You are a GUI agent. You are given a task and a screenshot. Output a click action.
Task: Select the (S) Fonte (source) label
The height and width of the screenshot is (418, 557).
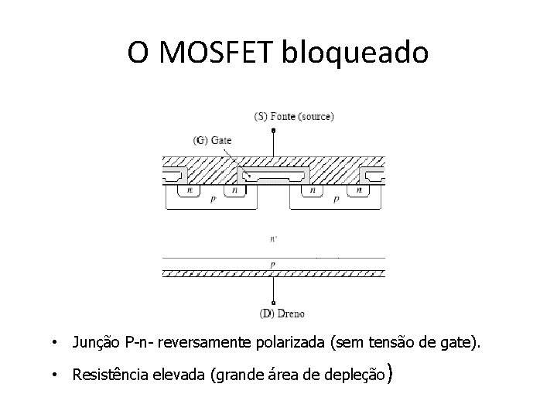tap(294, 117)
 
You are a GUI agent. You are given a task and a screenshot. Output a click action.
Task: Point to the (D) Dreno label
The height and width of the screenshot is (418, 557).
tap(282, 313)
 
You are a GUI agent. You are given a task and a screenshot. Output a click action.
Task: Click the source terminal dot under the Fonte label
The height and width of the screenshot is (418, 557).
tap(272, 131)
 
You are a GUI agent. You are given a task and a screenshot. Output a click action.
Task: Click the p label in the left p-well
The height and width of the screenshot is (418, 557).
tap(214, 199)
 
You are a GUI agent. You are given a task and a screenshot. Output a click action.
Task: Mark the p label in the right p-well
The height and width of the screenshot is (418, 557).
tap(336, 199)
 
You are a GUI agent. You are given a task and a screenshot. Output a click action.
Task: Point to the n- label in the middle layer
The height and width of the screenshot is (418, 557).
tap(272, 239)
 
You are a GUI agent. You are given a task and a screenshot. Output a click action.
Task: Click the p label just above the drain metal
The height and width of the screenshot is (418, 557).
tap(272, 264)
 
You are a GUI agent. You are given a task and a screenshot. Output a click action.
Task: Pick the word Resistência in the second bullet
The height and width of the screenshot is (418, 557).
tap(110, 375)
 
